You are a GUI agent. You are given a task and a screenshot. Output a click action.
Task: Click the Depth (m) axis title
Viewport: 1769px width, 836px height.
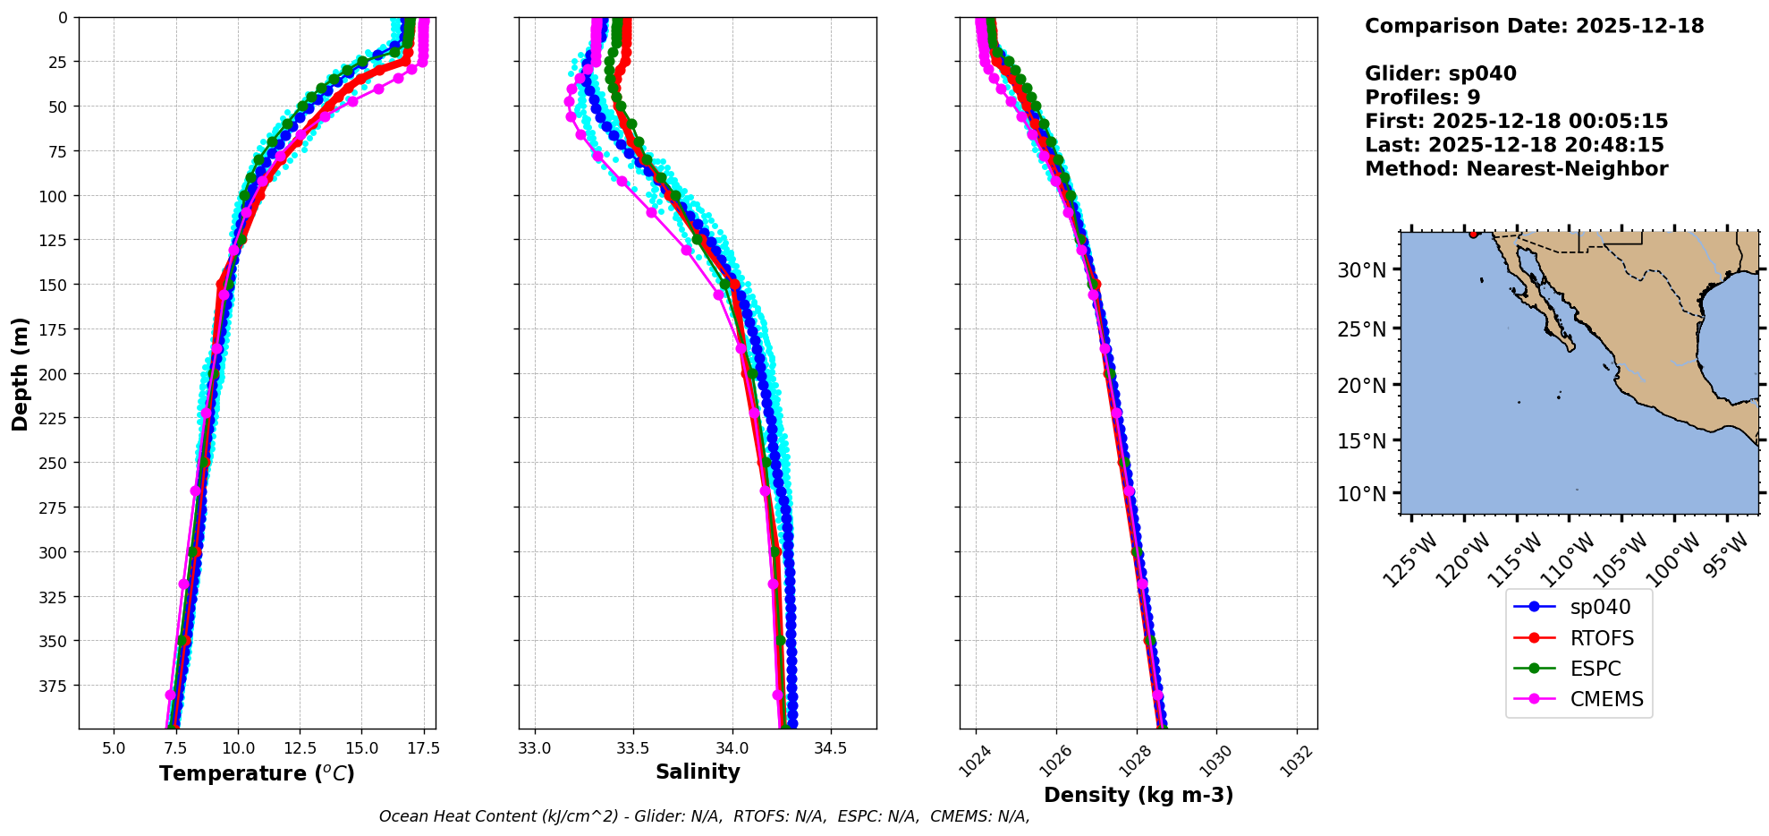20,373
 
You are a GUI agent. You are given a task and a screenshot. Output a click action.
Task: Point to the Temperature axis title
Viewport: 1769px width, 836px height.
257,773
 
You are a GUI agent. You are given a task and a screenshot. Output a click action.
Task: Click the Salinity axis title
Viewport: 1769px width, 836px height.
698,772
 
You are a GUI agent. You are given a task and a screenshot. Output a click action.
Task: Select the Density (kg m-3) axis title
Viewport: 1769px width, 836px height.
1138,795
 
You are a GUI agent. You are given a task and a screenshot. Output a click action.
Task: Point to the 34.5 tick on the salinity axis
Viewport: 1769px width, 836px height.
831,748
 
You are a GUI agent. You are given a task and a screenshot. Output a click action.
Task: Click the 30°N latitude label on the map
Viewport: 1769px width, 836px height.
1361,270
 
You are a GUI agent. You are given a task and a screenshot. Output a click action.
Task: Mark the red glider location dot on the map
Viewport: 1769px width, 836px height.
1473,235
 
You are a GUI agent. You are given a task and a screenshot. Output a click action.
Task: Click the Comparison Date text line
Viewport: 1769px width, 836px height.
1534,26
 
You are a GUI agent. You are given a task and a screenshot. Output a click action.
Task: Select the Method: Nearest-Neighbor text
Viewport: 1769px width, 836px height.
1516,169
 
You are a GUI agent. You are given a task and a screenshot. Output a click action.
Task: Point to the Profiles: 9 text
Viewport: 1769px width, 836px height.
1422,98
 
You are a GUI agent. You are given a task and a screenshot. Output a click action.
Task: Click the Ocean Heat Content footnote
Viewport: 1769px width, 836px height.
704,816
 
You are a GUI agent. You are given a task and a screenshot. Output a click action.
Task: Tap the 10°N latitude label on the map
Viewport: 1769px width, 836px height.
1361,494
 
